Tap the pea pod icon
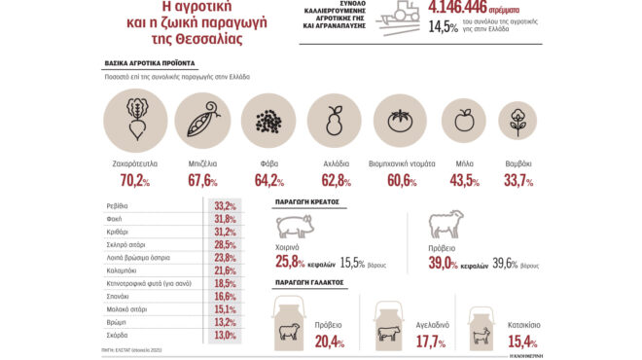201,121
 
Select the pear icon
335,122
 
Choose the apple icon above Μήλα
464,122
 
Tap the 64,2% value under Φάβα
267,180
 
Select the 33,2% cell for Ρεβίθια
226,205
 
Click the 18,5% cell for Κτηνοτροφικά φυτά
226,282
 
